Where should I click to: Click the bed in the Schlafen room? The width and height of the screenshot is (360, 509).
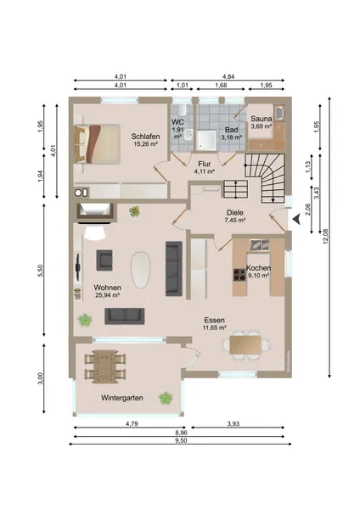click(97, 143)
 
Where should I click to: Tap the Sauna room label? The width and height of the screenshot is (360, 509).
click(262, 119)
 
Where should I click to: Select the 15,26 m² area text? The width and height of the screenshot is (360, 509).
click(145, 144)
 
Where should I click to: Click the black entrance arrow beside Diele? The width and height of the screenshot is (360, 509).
click(296, 220)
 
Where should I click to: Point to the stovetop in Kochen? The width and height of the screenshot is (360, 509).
click(239, 275)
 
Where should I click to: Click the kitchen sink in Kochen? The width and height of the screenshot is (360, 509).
click(260, 245)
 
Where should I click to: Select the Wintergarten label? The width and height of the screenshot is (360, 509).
click(122, 398)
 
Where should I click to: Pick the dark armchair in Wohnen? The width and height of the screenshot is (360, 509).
click(104, 260)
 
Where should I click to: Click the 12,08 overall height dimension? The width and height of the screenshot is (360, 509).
click(326, 237)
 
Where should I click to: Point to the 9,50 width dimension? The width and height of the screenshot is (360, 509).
click(181, 440)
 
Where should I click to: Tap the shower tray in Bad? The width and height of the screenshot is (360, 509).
click(206, 140)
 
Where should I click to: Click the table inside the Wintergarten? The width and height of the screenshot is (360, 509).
click(105, 366)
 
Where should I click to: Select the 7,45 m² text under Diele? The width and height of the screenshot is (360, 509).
click(235, 220)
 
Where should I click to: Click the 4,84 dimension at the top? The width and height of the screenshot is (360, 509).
click(228, 76)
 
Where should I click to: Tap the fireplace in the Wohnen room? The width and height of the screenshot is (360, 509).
click(94, 213)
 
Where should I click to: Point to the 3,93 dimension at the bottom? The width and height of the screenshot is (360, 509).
click(233, 423)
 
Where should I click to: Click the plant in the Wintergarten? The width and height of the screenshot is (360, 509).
click(166, 398)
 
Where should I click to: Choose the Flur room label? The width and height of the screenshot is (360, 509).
click(205, 164)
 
